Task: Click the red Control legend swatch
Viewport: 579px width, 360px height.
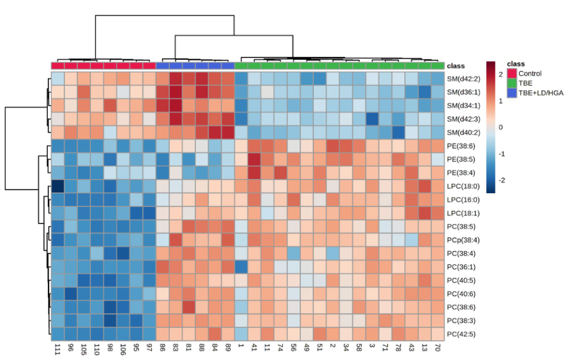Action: tap(511, 74)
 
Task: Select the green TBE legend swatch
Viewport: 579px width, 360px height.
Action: tap(511, 83)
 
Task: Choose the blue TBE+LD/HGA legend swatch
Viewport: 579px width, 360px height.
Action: tap(511, 93)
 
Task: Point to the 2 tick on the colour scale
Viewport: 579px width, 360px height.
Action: tap(500, 75)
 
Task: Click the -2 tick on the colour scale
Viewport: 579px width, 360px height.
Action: tap(499, 180)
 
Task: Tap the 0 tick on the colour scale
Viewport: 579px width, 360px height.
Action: tap(500, 127)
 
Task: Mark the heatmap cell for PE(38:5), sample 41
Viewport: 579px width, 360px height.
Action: tap(255, 160)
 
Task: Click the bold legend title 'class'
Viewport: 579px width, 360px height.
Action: tap(516, 63)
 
